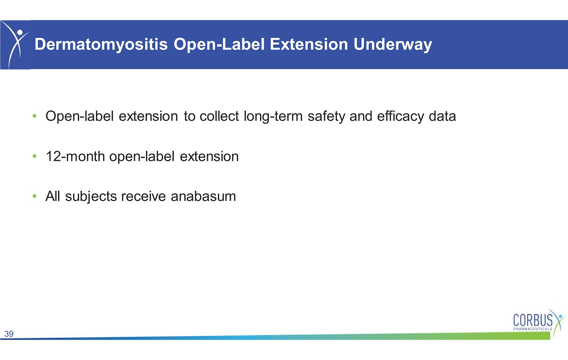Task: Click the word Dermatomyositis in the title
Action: tap(101, 45)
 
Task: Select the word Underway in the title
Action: tap(393, 45)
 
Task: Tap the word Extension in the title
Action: tap(309, 44)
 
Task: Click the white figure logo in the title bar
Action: tap(15, 45)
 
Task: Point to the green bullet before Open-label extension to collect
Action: tap(35, 116)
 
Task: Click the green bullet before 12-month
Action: tap(35, 156)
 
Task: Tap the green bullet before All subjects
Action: tap(35, 196)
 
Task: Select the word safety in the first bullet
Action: tap(326, 117)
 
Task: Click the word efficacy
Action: tap(401, 117)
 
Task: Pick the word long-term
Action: tap(273, 117)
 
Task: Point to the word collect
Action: tap(219, 116)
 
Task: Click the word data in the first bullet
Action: tap(442, 116)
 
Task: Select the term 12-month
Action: tap(75, 156)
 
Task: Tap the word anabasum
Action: tap(203, 196)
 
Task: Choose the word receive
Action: tap(143, 196)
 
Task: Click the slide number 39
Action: tap(9, 334)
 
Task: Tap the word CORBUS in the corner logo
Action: tap(533, 320)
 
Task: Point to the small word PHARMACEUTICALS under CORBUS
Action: tap(533, 329)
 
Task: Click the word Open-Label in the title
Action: tap(219, 45)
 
